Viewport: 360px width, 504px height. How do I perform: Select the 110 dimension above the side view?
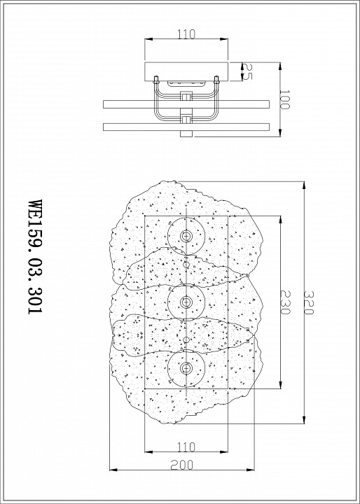[186, 32]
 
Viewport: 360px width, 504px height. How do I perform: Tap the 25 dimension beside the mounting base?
[247, 71]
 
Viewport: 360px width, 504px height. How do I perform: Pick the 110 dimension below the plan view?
[186, 447]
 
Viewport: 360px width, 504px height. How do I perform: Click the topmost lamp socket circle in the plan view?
[186, 237]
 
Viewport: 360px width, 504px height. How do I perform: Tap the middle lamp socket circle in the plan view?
[186, 302]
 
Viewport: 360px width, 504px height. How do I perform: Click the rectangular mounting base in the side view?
[186, 71]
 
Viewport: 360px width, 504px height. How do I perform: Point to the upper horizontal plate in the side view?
[186, 104]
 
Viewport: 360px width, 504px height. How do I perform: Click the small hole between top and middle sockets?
[186, 265]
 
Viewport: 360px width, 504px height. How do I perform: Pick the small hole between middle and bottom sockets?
[186, 339]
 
